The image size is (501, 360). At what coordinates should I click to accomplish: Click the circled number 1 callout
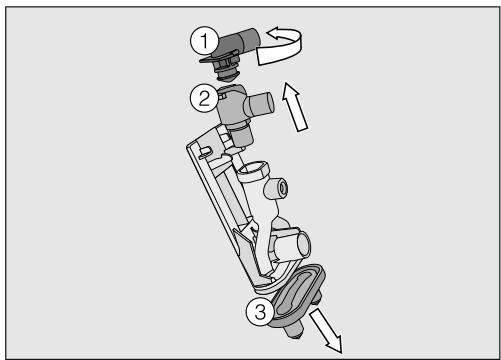[204, 40]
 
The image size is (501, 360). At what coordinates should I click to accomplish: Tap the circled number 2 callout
[204, 98]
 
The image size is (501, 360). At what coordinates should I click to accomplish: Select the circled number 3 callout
[260, 312]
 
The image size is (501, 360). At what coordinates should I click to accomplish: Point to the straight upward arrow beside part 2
[294, 106]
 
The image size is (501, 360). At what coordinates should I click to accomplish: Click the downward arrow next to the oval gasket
[327, 330]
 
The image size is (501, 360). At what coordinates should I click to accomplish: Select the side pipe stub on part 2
[260, 104]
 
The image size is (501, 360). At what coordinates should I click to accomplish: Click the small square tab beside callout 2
[223, 96]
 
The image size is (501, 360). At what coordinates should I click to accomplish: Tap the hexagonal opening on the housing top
[253, 170]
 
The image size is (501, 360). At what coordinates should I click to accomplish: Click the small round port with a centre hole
[277, 188]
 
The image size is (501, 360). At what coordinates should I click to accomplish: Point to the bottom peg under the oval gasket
[294, 331]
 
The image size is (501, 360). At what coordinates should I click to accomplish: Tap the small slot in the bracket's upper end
[206, 151]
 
